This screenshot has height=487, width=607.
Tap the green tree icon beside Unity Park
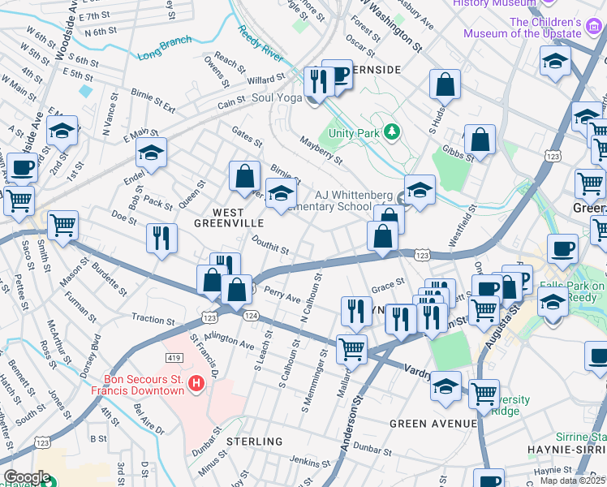click(393, 131)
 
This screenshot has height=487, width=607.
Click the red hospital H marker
click(195, 382)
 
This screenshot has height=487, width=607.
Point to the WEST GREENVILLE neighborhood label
click(229, 222)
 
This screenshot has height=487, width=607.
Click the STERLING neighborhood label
click(254, 442)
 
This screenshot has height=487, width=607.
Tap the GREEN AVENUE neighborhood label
click(433, 424)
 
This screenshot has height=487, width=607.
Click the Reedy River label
click(260, 45)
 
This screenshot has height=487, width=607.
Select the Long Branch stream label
click(165, 48)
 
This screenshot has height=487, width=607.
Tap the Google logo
click(26, 477)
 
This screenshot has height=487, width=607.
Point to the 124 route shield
click(251, 314)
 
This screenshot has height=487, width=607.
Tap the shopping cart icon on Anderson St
click(351, 349)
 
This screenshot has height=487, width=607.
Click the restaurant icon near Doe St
click(161, 238)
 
